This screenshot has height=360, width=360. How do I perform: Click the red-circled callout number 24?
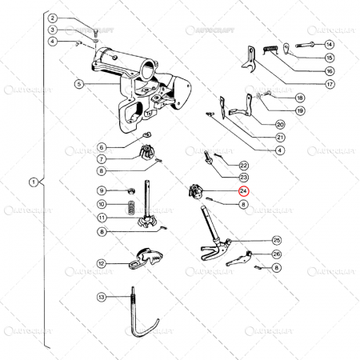tap(243, 191)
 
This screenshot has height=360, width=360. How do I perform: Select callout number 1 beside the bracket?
tap(33, 182)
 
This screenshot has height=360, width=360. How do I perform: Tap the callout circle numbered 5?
tap(79, 84)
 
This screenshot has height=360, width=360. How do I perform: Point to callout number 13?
tap(102, 297)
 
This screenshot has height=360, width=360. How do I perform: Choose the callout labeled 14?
tap(330, 44)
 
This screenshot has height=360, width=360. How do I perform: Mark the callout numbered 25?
tap(276, 240)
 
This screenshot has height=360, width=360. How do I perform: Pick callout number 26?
tap(277, 254)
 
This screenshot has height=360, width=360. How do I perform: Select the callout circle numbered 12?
tap(102, 263)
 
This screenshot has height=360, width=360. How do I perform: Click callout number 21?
tap(280, 137)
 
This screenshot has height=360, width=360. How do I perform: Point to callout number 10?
tap(102, 204)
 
